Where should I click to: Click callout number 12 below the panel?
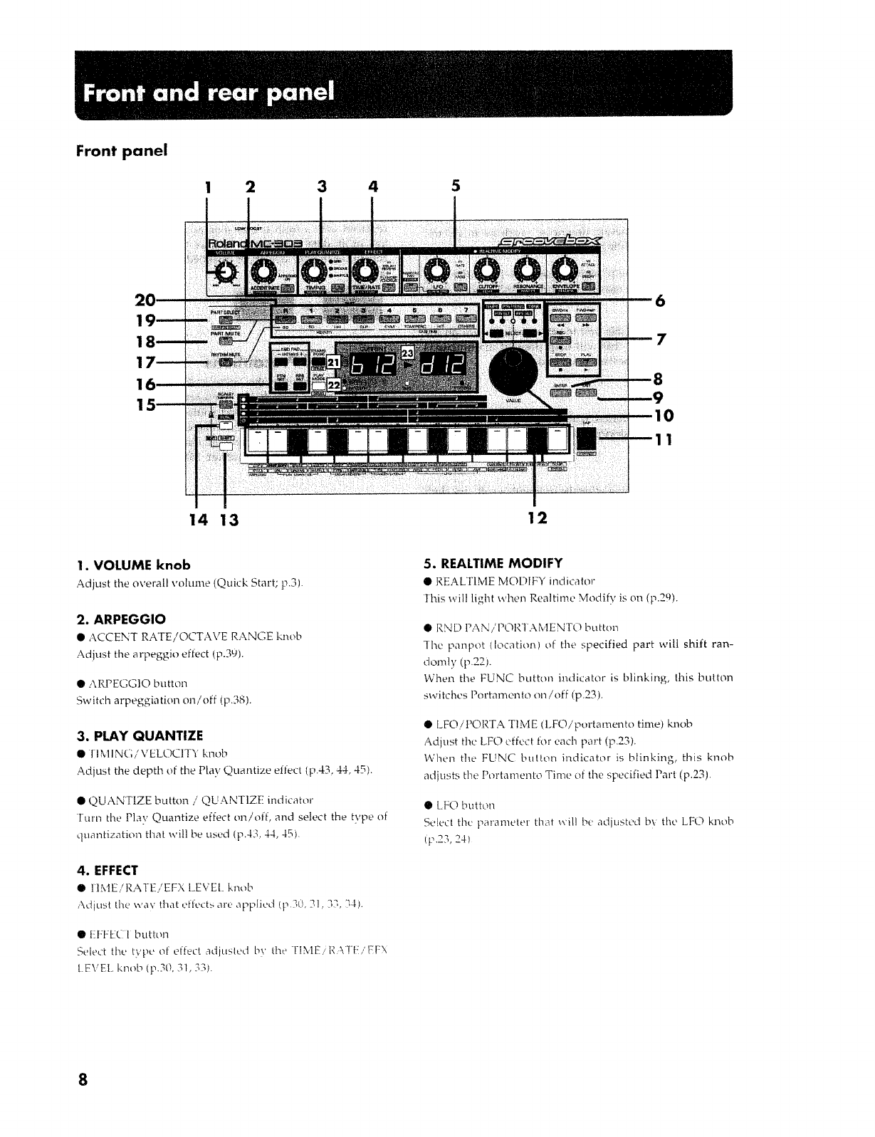[538, 518]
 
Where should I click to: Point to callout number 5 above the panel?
[456, 187]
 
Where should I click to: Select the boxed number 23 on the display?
[408, 352]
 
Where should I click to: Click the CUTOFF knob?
[488, 270]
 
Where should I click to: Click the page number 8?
[83, 1080]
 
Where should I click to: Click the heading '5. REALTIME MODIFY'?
[493, 562]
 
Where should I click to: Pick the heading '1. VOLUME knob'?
[133, 565]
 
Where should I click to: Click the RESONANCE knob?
[528, 270]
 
